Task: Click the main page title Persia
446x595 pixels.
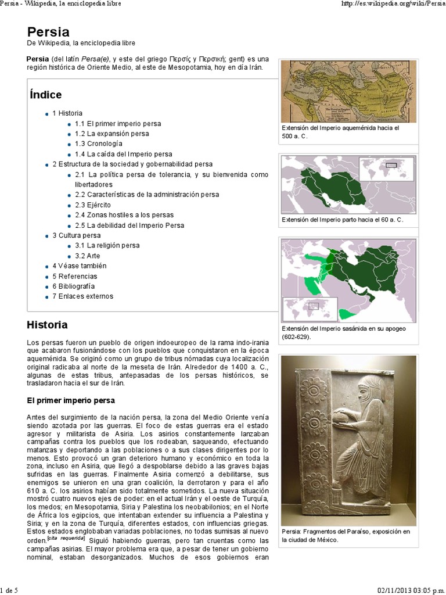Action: [x=48, y=32]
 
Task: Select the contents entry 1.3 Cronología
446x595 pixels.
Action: [x=98, y=144]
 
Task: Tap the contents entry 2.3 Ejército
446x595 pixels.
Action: [x=92, y=205]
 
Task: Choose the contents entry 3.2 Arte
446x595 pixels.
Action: [x=87, y=256]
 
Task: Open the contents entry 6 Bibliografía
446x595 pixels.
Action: [x=74, y=286]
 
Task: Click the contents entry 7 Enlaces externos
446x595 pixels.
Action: [x=82, y=296]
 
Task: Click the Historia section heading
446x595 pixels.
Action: [x=47, y=325]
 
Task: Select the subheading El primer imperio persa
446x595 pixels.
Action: [x=71, y=400]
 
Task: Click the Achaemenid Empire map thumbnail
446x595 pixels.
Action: [x=348, y=91]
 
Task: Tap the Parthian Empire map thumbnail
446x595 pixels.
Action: [x=348, y=185]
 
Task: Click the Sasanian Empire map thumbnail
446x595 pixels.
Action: [x=348, y=280]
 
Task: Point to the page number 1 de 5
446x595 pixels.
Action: [x=9, y=590]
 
